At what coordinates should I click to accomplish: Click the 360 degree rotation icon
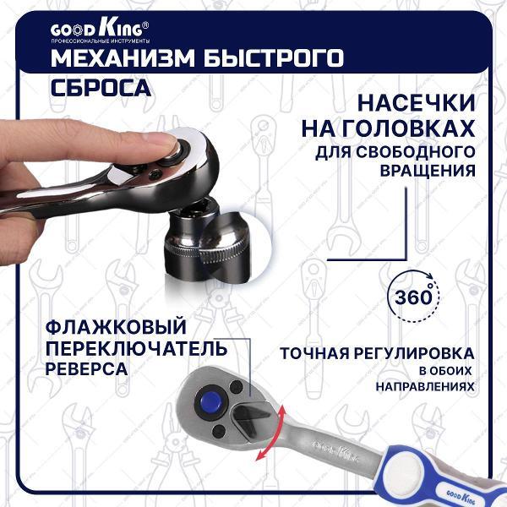413,298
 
